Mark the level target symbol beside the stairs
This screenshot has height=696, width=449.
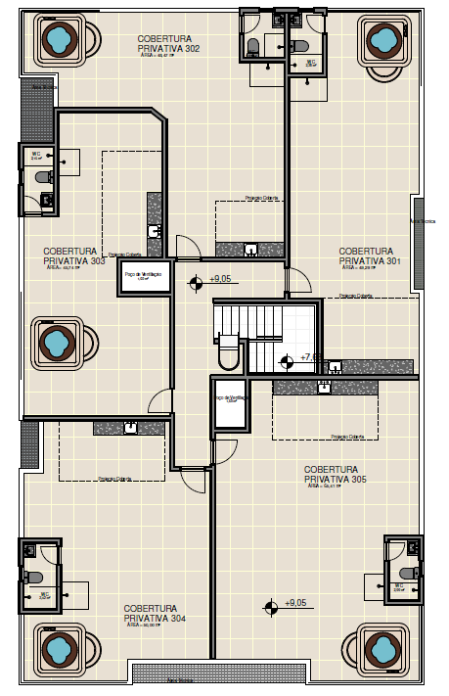(287, 361)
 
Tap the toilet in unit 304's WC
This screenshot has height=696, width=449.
(32, 577)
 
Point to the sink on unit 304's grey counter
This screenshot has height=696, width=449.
(129, 427)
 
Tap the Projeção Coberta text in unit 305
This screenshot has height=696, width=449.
(346, 438)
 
